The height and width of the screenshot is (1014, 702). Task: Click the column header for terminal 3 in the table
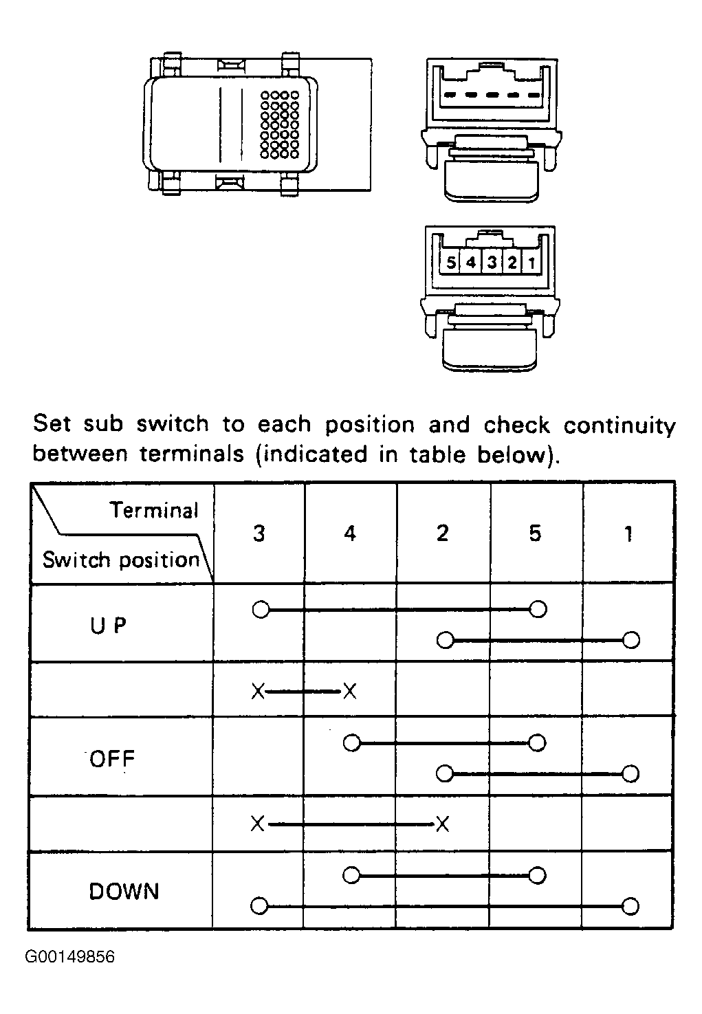(259, 533)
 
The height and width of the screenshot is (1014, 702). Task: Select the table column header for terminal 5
(535, 533)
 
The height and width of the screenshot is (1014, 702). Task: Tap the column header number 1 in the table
(628, 533)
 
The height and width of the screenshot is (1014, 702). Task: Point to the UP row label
(109, 626)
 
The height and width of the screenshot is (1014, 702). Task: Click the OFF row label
(112, 759)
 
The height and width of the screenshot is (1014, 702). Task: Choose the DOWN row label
(124, 892)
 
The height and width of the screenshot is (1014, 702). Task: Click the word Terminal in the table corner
(154, 510)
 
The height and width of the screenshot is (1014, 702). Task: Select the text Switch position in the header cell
(121, 560)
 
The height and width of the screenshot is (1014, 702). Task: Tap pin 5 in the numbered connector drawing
(451, 262)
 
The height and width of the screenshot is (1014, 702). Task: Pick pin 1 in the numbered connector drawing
(531, 262)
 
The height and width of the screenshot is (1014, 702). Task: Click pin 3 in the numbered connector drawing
(492, 262)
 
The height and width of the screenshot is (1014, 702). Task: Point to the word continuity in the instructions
(619, 425)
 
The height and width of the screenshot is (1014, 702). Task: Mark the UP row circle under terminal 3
(261, 609)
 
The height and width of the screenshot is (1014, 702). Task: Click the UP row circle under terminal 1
(630, 641)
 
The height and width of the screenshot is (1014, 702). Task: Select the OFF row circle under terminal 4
(351, 743)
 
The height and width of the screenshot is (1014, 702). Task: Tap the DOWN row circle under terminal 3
(259, 906)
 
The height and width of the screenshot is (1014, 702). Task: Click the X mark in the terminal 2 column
(442, 824)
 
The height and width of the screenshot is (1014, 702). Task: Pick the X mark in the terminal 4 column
(350, 690)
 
